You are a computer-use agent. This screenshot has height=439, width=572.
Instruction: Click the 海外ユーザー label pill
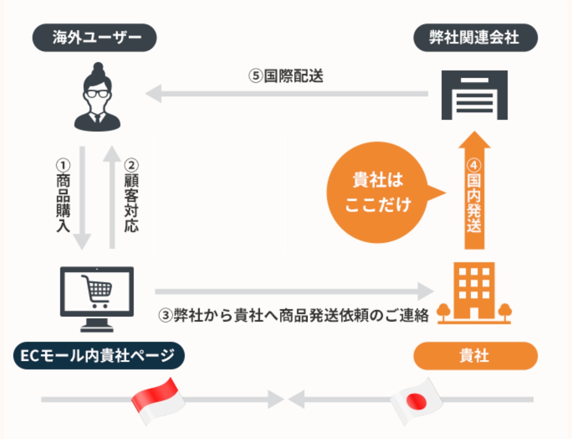(94, 37)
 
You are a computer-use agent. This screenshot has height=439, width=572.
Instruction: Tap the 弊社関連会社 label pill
(475, 37)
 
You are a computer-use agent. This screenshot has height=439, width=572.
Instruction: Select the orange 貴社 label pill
(475, 356)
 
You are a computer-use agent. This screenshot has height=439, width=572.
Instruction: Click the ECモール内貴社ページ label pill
(98, 356)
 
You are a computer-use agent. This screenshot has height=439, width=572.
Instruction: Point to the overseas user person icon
(97, 98)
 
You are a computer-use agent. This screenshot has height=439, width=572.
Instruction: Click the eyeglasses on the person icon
(97, 93)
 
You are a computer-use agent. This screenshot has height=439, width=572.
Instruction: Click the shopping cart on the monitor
(97, 290)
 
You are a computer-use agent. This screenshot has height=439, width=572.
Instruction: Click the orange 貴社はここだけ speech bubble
(378, 192)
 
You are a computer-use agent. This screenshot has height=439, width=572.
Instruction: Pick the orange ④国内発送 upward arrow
(474, 191)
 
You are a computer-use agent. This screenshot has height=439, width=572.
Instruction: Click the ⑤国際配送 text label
(286, 76)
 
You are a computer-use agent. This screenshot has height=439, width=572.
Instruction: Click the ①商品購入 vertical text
(63, 195)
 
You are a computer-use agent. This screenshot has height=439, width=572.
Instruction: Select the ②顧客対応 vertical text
(131, 195)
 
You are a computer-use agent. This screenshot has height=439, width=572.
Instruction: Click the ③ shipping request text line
(293, 315)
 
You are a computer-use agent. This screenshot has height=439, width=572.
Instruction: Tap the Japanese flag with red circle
(417, 401)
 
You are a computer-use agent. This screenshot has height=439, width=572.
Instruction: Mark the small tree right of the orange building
(504, 312)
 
